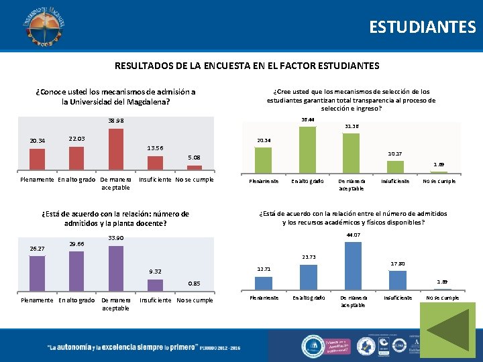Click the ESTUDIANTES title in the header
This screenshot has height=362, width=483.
point(422,27)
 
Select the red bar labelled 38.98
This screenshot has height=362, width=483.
point(116,149)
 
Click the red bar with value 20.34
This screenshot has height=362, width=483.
point(37,159)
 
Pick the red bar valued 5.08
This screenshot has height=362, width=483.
point(194,167)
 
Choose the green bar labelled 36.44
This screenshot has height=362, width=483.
point(307,146)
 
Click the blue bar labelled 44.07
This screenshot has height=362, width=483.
point(352,265)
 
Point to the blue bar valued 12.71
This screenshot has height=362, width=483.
point(263,282)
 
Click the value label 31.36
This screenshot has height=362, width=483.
point(352,126)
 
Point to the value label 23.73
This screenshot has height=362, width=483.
point(309,257)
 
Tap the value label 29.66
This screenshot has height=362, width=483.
point(76,245)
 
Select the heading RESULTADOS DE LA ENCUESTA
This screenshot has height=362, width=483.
point(247,66)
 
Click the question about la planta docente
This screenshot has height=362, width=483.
point(115,219)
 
